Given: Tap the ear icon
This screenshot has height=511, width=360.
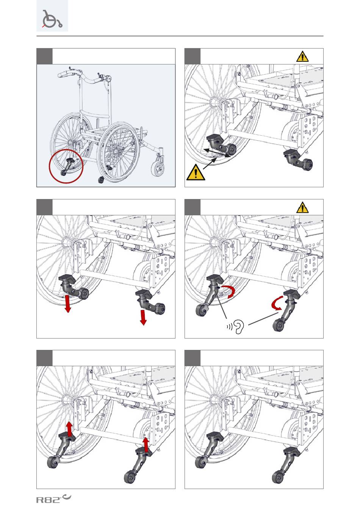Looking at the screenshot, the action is pos(239,326).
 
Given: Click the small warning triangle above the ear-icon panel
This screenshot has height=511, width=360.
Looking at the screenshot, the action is pos(302,207).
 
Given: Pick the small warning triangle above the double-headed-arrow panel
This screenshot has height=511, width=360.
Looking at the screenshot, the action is pos(302,57).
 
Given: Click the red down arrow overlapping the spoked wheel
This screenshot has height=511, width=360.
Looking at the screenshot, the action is pos(68,304).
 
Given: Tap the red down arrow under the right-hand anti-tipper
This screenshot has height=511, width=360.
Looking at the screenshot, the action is pos(143,317).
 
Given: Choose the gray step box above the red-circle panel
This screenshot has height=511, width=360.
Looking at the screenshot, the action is pos(44,56).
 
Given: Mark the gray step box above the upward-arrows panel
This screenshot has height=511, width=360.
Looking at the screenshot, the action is pos(44,358).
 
